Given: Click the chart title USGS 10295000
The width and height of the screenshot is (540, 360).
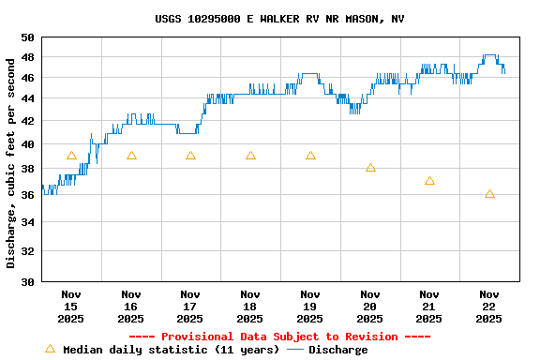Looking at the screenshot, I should (x=279, y=19).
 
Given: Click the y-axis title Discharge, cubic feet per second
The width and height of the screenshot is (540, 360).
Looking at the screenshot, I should (x=11, y=163).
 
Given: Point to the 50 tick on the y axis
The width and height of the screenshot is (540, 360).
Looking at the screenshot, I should (x=27, y=37).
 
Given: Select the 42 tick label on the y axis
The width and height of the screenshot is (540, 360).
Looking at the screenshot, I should (x=27, y=121).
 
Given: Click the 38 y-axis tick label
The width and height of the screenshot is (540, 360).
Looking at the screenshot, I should (x=27, y=170).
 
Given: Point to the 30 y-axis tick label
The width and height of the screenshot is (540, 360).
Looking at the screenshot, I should (x=27, y=281).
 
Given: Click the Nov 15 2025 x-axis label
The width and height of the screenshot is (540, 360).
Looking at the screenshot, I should (x=71, y=306).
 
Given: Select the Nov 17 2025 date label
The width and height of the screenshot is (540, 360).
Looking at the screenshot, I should (x=190, y=306).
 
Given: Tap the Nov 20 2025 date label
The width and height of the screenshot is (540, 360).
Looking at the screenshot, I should (x=370, y=306).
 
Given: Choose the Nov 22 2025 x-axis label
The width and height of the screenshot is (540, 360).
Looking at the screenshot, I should (x=489, y=306).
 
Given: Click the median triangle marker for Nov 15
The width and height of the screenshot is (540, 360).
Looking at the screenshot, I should (x=71, y=156).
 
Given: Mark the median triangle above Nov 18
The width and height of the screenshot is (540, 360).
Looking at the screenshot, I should (x=250, y=156).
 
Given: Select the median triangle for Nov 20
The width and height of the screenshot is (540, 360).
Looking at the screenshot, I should (x=370, y=168).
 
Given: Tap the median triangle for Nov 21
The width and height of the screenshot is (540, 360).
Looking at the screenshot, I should (x=429, y=181).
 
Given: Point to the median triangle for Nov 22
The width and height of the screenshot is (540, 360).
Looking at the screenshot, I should (x=489, y=194).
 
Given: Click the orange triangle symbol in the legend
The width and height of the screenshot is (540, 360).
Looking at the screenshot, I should (x=51, y=349).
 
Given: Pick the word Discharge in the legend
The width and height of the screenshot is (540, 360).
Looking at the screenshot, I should (x=337, y=350).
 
